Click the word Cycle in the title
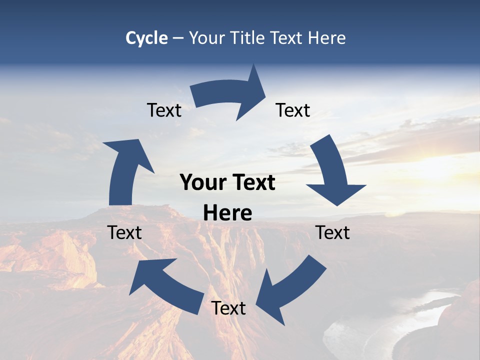tap(146, 38)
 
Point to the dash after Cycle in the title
tap(178, 38)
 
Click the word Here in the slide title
tap(326, 38)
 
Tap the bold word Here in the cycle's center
tap(227, 213)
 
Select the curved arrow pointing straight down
tap(332, 172)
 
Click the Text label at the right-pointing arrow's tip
tap(293, 110)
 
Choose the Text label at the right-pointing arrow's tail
tap(164, 110)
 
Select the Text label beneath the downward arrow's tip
tap(332, 232)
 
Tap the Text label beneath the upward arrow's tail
tap(124, 232)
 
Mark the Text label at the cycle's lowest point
tap(228, 308)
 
